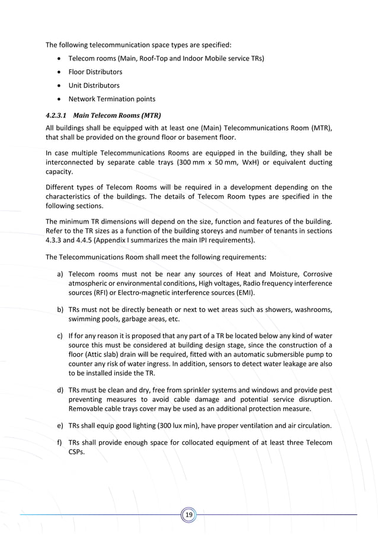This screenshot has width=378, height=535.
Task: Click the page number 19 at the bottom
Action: point(189,515)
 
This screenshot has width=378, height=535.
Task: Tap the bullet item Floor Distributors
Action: point(95,72)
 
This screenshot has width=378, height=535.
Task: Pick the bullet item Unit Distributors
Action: point(94,85)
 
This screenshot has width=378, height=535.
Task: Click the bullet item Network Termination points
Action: point(111,99)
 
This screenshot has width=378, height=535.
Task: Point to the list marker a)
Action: point(60,274)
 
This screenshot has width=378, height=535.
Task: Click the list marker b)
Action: point(60,310)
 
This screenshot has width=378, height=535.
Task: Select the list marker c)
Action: point(60,336)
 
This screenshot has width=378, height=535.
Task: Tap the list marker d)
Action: point(60,390)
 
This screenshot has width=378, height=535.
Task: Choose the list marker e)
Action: point(60,426)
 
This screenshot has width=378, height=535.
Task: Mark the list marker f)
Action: point(60,443)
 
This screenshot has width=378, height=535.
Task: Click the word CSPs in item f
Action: point(78,452)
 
